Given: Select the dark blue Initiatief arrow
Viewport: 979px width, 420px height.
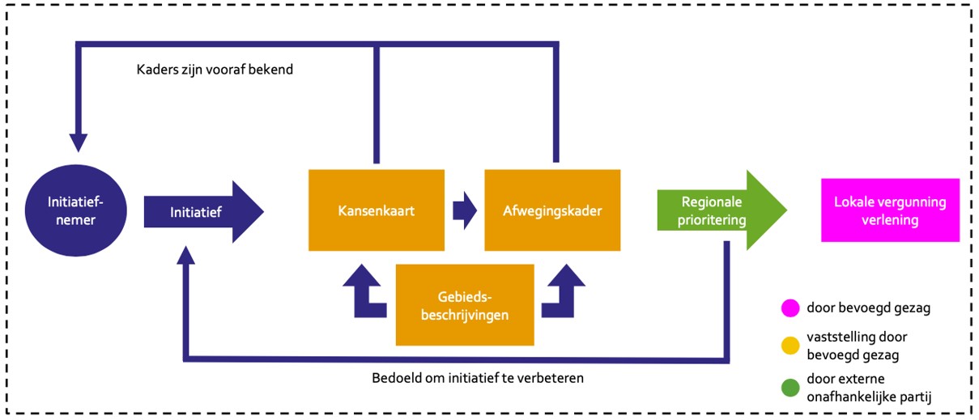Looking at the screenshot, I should [x=202, y=212].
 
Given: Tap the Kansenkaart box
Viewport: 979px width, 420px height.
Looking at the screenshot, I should [x=376, y=210].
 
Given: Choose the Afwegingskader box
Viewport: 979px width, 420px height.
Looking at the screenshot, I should [x=552, y=210].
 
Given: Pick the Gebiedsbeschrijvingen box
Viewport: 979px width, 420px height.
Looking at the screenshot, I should [x=464, y=305].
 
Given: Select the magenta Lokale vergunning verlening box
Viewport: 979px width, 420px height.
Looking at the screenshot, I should [x=889, y=210].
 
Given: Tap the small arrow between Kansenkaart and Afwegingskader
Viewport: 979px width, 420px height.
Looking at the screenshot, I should [x=464, y=210].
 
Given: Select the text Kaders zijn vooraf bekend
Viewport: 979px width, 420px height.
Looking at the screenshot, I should [x=215, y=70].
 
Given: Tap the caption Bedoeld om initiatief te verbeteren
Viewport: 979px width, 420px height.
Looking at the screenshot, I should [x=478, y=378].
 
